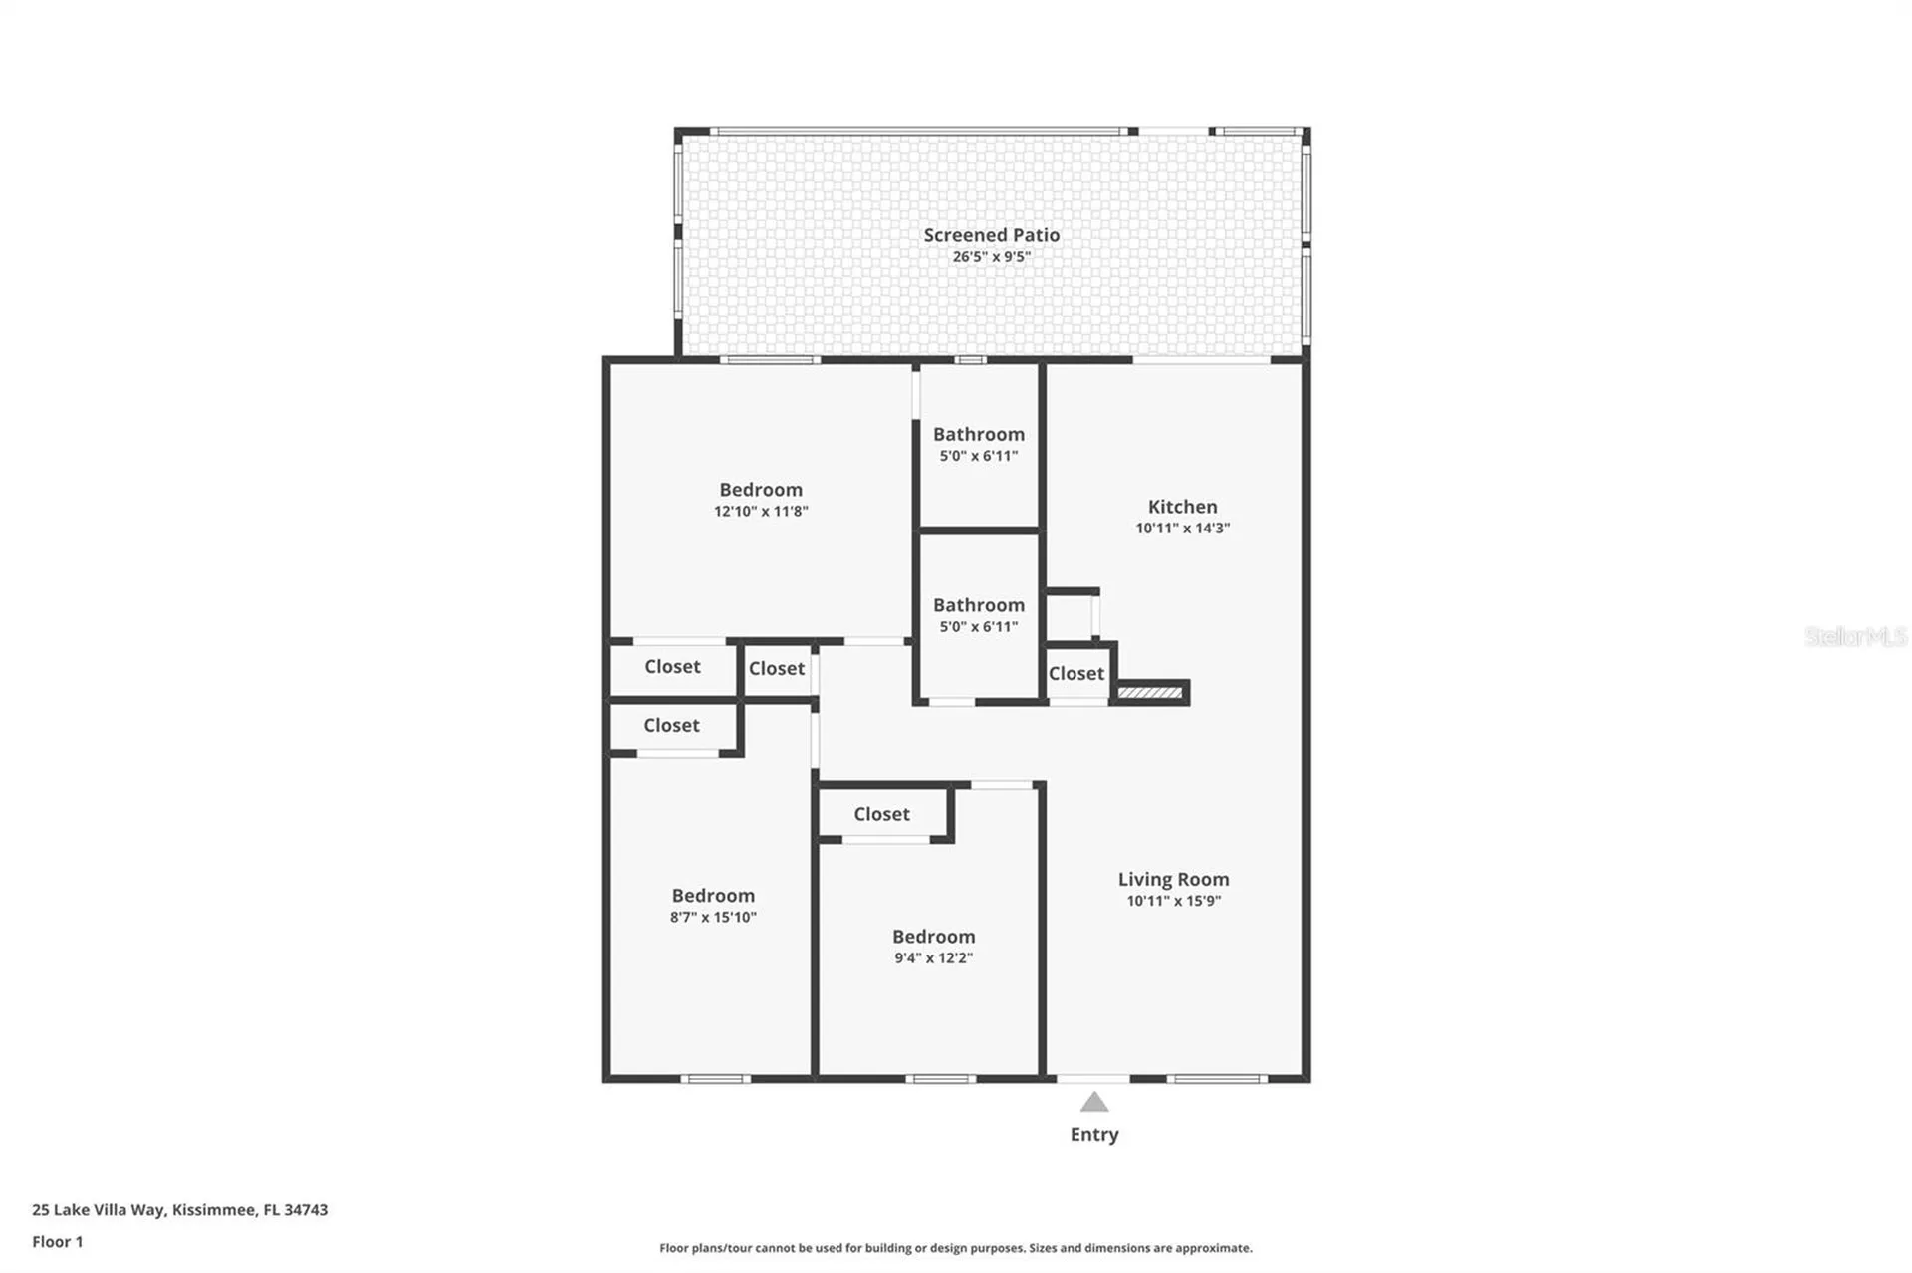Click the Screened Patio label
991,235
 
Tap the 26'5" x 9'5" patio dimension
991,257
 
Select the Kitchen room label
1182,507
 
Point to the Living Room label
1173,880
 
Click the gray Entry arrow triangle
1094,1102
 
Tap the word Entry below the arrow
1094,1135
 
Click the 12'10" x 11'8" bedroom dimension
761,512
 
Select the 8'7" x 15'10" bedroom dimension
713,918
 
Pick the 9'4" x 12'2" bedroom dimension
933,958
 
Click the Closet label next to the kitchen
1076,674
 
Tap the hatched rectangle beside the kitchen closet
1149,693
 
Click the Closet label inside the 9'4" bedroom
881,814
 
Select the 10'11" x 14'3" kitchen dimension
1182,529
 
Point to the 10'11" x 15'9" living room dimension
1173,902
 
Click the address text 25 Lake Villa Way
99,1210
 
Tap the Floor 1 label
58,1242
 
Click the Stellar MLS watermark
1855,636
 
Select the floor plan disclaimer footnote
956,1248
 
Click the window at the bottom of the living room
1217,1079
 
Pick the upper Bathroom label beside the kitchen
978,435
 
